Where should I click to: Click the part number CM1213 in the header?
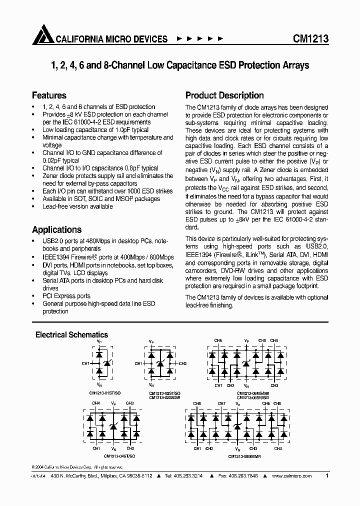click(x=310, y=39)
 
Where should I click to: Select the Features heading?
click(x=49, y=95)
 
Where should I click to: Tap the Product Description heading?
click(x=224, y=95)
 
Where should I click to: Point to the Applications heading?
click(x=56, y=229)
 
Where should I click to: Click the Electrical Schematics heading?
click(x=71, y=334)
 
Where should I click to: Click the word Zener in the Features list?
click(x=51, y=176)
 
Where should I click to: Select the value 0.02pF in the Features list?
click(x=52, y=160)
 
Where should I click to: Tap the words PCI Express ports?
click(x=66, y=296)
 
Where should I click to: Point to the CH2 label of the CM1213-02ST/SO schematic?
click(x=182, y=363)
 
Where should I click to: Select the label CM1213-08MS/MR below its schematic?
click(x=244, y=455)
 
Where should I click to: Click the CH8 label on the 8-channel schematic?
click(x=197, y=403)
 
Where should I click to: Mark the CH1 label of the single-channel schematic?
click(x=84, y=363)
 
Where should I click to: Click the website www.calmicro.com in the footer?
click(x=292, y=476)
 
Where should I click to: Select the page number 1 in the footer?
click(x=327, y=476)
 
